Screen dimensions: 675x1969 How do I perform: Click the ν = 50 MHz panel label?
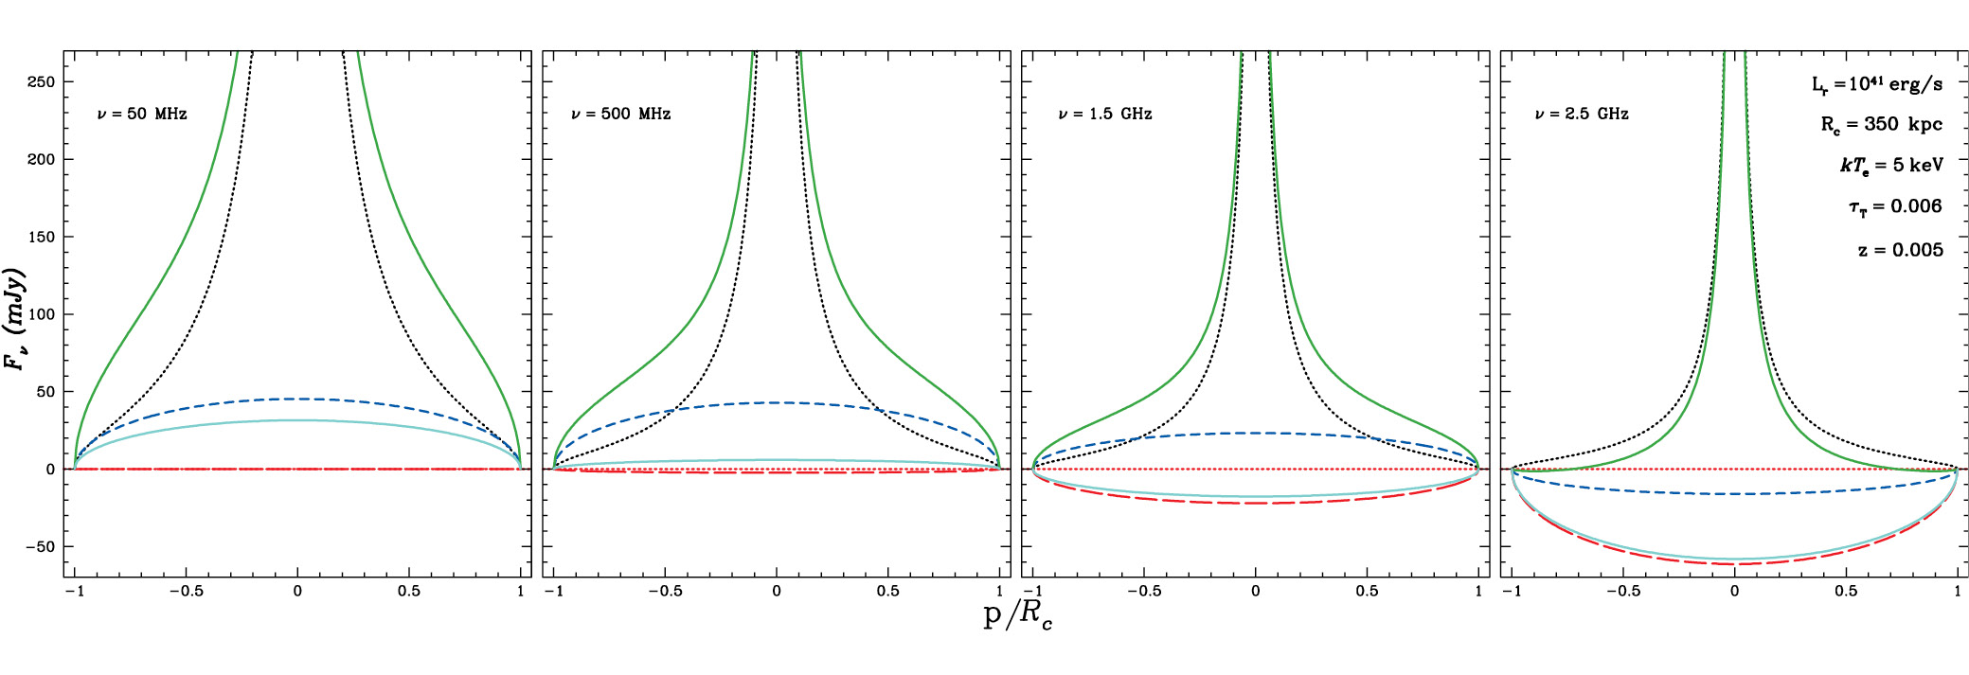[142, 115]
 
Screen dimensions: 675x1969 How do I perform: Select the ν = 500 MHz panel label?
[621, 115]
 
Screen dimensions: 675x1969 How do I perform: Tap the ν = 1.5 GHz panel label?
[1105, 115]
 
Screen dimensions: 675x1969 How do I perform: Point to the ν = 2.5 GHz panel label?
[1582, 115]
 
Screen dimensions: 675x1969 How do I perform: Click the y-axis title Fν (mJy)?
[16, 319]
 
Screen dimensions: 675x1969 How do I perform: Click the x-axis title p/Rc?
[1017, 616]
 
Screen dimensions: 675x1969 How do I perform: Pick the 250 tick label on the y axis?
[41, 82]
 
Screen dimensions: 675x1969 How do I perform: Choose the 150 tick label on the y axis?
[41, 238]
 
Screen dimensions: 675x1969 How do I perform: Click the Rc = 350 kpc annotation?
[1881, 125]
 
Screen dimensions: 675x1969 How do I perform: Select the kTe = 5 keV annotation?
[1890, 166]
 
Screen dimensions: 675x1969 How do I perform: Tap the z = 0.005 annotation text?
[1900, 250]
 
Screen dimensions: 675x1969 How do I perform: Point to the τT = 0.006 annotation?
[1894, 207]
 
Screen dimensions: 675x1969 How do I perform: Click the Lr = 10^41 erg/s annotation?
[1876, 84]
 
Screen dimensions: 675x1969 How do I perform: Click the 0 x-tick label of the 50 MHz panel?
[297, 592]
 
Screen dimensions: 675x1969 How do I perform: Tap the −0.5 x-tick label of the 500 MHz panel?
[665, 592]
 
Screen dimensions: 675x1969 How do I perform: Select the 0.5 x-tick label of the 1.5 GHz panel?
[1367, 592]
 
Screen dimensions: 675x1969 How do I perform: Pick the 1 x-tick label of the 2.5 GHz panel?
[1958, 592]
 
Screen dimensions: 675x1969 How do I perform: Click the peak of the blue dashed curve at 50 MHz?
[297, 399]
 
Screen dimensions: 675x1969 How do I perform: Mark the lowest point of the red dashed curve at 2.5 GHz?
[1734, 564]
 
